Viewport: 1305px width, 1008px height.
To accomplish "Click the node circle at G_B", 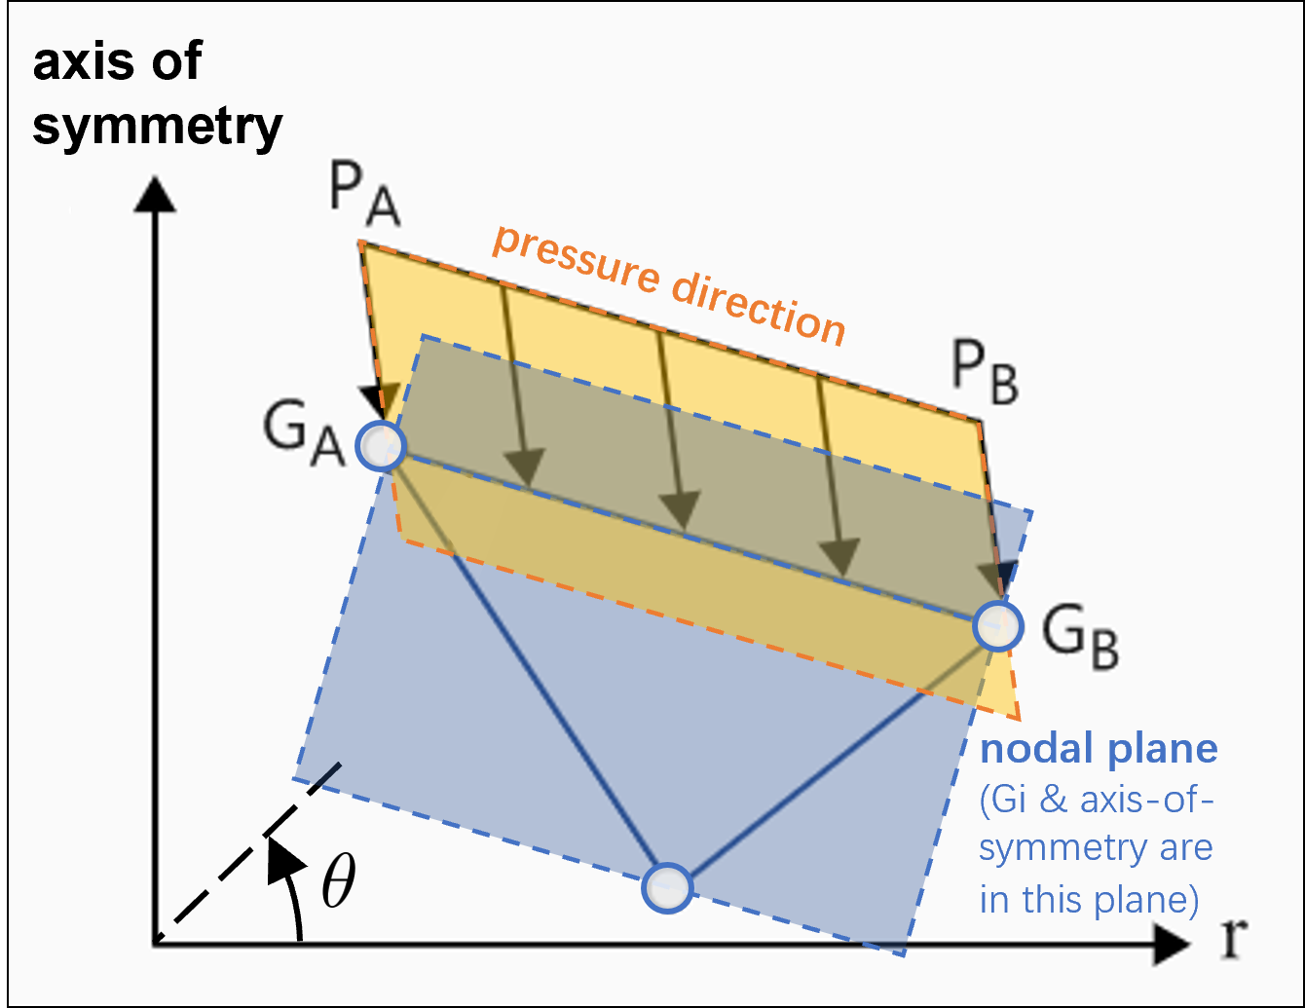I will coord(998,624).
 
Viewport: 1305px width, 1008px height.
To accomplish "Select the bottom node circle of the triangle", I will coord(667,887).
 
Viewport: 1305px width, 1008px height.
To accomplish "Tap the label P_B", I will coord(985,377).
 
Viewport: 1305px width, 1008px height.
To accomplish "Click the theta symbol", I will coord(337,882).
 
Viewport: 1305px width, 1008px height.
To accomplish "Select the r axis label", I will coord(1234,937).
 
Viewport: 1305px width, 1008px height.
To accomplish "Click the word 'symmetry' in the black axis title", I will coord(157,128).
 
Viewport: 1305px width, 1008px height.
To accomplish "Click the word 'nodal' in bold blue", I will coord(1036,749).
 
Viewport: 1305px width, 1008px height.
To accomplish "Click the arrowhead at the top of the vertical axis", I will coord(154,194).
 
